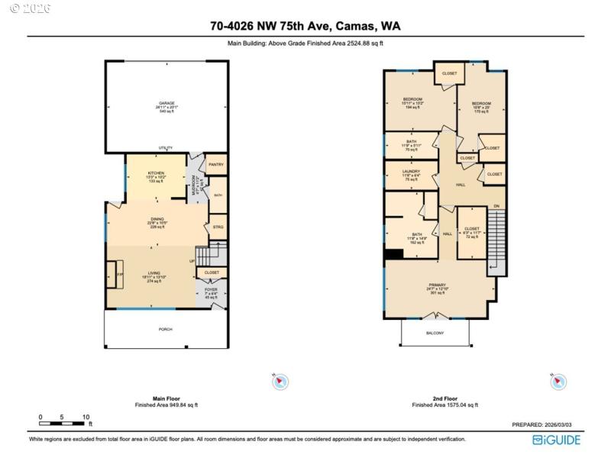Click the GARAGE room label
(166, 103)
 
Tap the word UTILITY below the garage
(165, 148)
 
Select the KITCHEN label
(156, 173)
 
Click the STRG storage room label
(218, 227)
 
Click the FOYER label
(212, 289)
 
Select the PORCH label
(166, 329)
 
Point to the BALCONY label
(435, 333)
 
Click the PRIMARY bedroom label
(437, 285)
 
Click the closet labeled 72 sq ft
(472, 228)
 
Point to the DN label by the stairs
(496, 207)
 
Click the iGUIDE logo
(556, 440)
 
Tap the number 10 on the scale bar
(86, 417)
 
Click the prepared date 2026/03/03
(563, 425)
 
